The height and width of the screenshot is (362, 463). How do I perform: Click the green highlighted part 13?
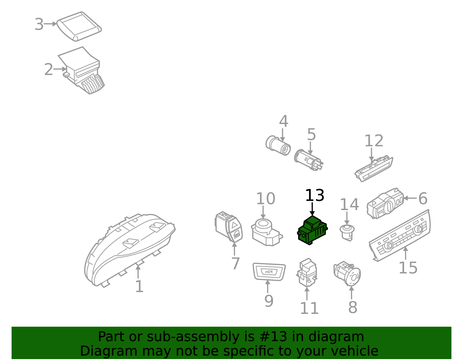pos(312,231)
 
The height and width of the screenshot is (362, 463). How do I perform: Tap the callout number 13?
pos(315,195)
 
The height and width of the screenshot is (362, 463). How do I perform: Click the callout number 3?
pos(39,24)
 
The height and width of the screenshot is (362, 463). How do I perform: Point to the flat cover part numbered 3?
pos(79,26)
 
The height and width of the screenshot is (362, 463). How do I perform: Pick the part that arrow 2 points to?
pos(82,70)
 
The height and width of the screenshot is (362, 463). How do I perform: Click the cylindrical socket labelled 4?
pos(278,145)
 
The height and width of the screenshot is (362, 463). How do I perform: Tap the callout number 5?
pos(311,134)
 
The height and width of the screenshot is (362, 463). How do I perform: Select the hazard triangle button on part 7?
pos(234,225)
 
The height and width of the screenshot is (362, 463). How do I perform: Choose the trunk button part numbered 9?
pos(269,272)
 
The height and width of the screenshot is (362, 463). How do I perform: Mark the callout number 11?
pos(309,308)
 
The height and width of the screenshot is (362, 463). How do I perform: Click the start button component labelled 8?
pos(347,274)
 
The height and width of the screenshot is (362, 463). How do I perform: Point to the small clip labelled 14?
pos(347,233)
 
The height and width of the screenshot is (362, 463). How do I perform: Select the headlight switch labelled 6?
pos(385,203)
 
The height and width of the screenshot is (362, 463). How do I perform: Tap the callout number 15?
pos(408,268)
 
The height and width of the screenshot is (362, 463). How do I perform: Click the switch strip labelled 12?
pos(374,169)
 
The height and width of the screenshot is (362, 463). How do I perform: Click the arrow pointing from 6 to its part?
pos(410,198)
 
